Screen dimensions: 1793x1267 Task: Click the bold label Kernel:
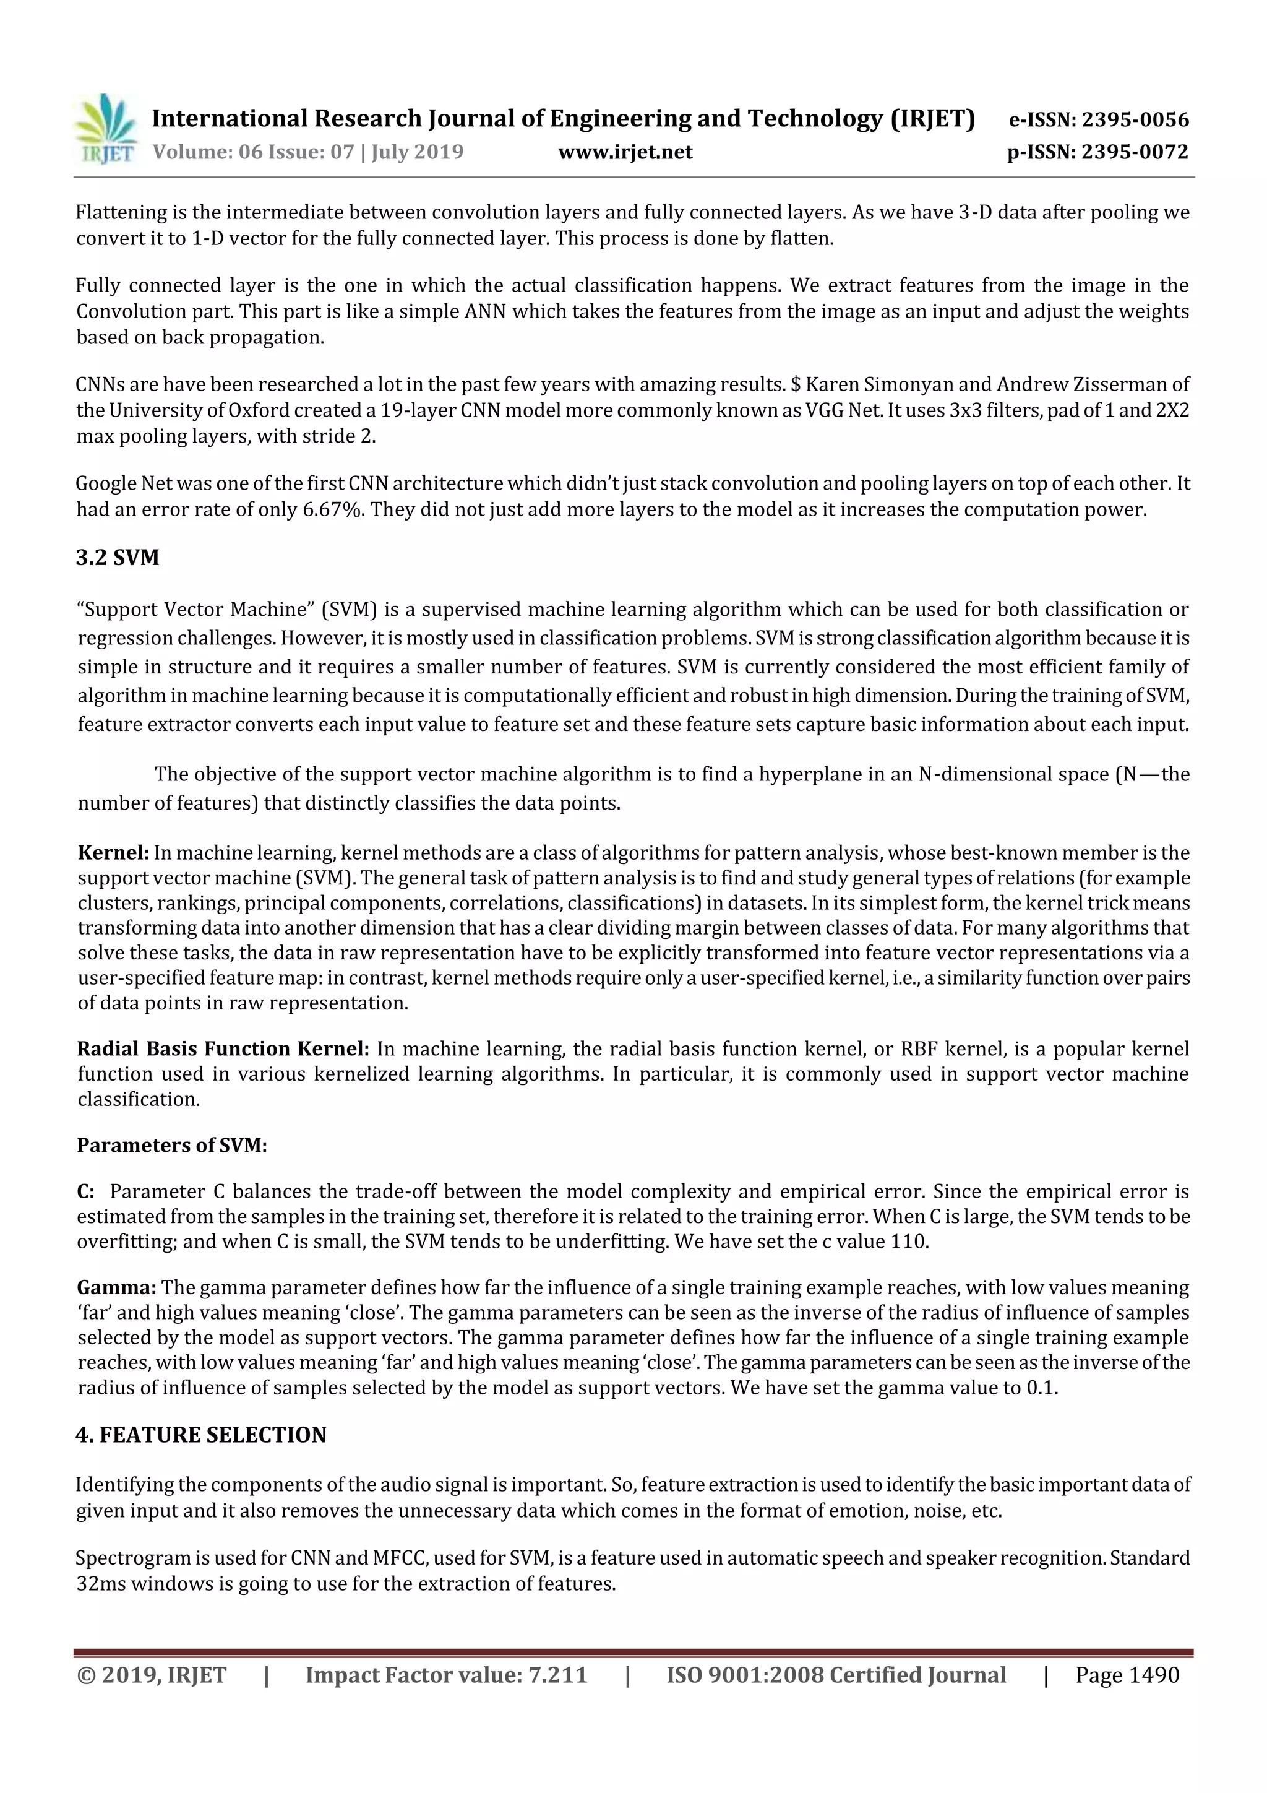pos(113,853)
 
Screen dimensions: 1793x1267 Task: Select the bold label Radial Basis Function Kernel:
pos(223,1049)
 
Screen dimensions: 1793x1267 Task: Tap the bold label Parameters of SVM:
pos(172,1146)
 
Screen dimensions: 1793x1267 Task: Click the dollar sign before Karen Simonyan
pos(796,385)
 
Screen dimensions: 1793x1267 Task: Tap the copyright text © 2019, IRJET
pos(152,1675)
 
